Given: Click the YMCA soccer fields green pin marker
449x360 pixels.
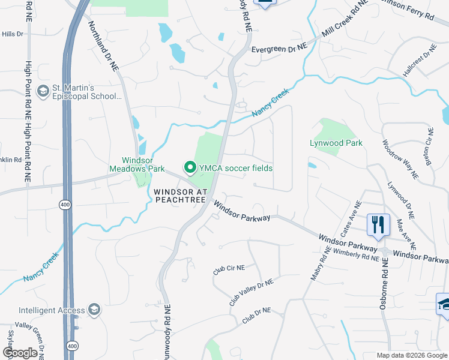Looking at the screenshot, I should [x=190, y=167].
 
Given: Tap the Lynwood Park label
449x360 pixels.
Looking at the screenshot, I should [x=336, y=143].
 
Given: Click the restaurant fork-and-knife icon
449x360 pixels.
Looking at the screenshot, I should [x=378, y=226].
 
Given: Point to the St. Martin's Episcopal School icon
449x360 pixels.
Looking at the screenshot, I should [x=43, y=91].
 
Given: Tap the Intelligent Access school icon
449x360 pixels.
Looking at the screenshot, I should [x=94, y=310].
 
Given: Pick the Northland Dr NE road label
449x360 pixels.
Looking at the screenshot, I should [x=103, y=47].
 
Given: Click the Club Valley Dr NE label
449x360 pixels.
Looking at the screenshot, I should [x=251, y=292].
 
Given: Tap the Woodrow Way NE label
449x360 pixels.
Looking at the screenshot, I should [x=400, y=159].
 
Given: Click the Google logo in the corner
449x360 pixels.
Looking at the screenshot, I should [x=20, y=353].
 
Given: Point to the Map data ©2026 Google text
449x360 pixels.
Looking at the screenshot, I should [x=411, y=355].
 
